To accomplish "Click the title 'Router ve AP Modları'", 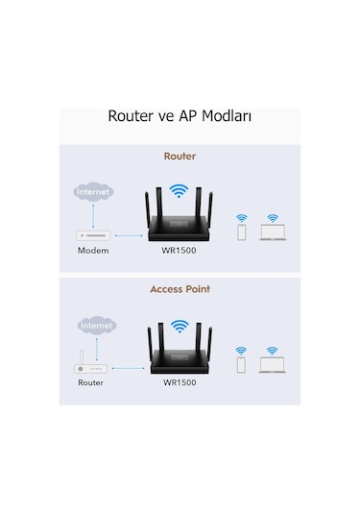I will [x=180, y=118].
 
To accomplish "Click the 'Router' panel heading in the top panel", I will [x=180, y=154].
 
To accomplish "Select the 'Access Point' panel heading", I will [x=180, y=288].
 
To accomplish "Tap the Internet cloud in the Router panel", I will [x=93, y=192].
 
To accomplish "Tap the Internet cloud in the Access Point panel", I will [x=96, y=326].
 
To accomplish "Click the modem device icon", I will [x=94, y=233].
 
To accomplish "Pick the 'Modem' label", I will [x=93, y=251].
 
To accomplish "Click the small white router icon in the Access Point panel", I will [x=91, y=366].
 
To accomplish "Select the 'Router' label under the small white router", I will [x=91, y=383].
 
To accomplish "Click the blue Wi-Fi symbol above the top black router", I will [x=178, y=190].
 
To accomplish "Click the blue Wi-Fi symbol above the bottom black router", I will [x=178, y=326].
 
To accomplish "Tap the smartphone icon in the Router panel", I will [x=241, y=233].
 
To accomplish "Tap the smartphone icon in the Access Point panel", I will [x=241, y=367].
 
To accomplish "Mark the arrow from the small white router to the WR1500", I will [x=129, y=366].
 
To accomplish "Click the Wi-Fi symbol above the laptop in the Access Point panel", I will [x=272, y=351].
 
